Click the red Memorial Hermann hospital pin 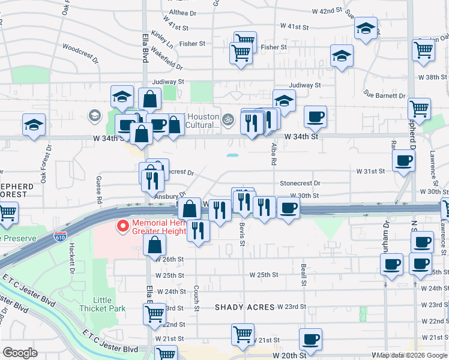[123, 226]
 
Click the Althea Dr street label [170, 11]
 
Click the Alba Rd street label [273, 154]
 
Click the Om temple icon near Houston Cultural [228, 118]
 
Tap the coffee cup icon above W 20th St [310, 339]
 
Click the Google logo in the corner [20, 353]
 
